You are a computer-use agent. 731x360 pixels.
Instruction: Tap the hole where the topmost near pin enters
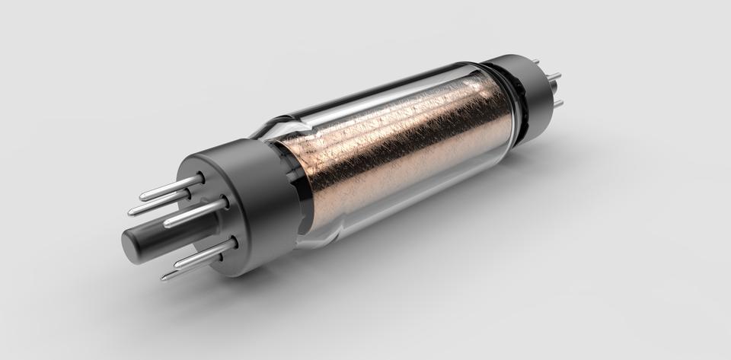(200, 177)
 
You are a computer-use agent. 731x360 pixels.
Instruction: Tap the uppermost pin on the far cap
(536, 62)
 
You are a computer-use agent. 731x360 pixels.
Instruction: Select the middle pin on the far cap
(554, 76)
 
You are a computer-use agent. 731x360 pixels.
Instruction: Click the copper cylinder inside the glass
(396, 145)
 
